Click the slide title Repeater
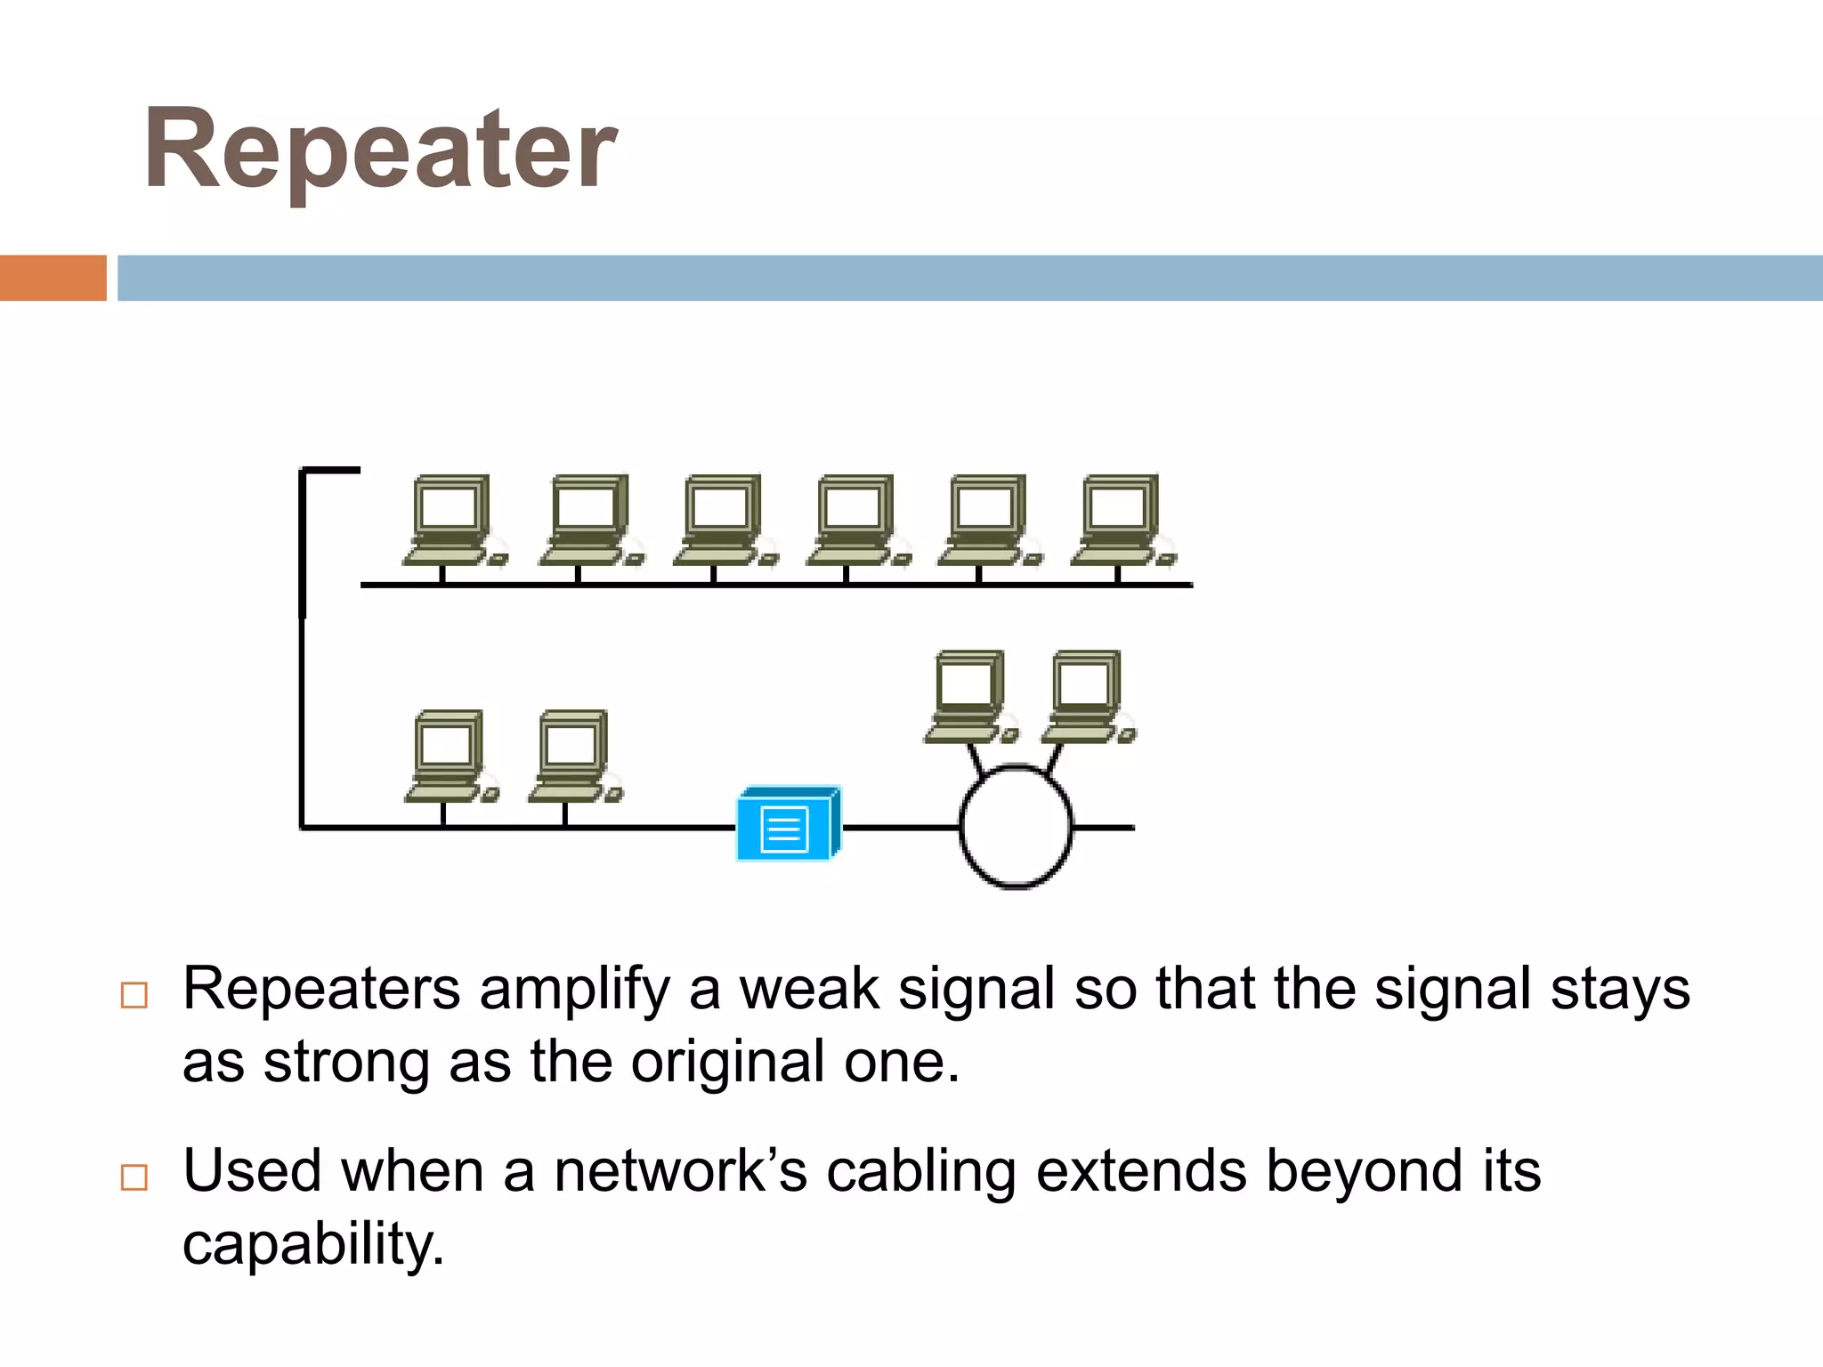[380, 150]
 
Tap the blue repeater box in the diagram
[788, 824]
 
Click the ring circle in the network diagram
[1016, 827]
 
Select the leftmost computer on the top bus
[451, 520]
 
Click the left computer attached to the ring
[968, 696]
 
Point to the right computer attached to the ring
[1087, 696]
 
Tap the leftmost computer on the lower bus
[450, 756]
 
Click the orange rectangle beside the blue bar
[53, 278]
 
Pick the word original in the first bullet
[727, 1062]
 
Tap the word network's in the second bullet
[680, 1170]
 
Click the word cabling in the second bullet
[920, 1172]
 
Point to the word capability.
[312, 1244]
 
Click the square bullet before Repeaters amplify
[134, 995]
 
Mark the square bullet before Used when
[134, 1177]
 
